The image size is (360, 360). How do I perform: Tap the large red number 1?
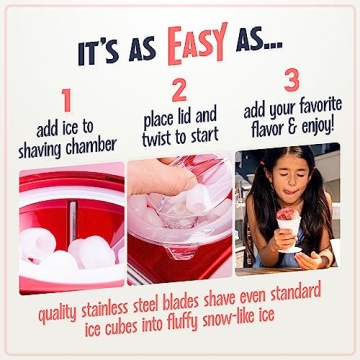(x=66, y=100)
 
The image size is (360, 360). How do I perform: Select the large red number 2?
(x=180, y=90)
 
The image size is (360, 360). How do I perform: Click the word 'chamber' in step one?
(x=98, y=148)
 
